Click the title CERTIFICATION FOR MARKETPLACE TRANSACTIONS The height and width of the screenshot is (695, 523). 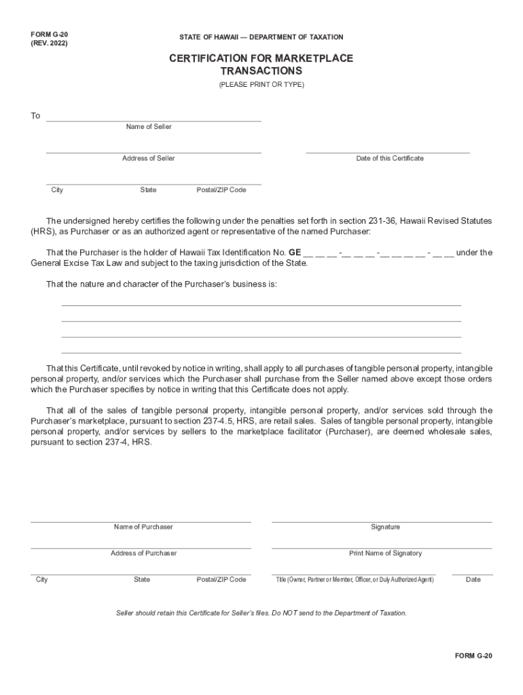[261, 64]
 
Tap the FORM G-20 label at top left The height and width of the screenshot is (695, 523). [49, 33]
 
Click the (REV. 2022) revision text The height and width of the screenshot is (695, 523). [49, 43]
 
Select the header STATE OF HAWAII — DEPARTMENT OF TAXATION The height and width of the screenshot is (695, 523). [261, 37]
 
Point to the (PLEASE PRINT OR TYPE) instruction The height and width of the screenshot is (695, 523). [261, 85]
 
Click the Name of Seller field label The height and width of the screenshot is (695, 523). [149, 127]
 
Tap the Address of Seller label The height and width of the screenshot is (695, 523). [148, 158]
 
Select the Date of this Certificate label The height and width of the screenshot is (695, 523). [389, 158]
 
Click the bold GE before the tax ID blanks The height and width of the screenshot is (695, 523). [295, 252]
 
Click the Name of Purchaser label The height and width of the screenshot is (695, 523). [143, 527]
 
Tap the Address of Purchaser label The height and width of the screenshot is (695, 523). [143, 553]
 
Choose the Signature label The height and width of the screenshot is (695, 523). [385, 527]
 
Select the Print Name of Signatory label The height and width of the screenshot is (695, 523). [385, 553]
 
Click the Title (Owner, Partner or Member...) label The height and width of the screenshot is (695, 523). [355, 580]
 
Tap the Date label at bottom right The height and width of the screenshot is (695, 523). [473, 580]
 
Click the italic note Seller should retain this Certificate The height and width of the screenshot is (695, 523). [261, 613]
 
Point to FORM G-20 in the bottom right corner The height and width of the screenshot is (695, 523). [473, 656]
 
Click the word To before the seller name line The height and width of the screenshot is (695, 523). [35, 116]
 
